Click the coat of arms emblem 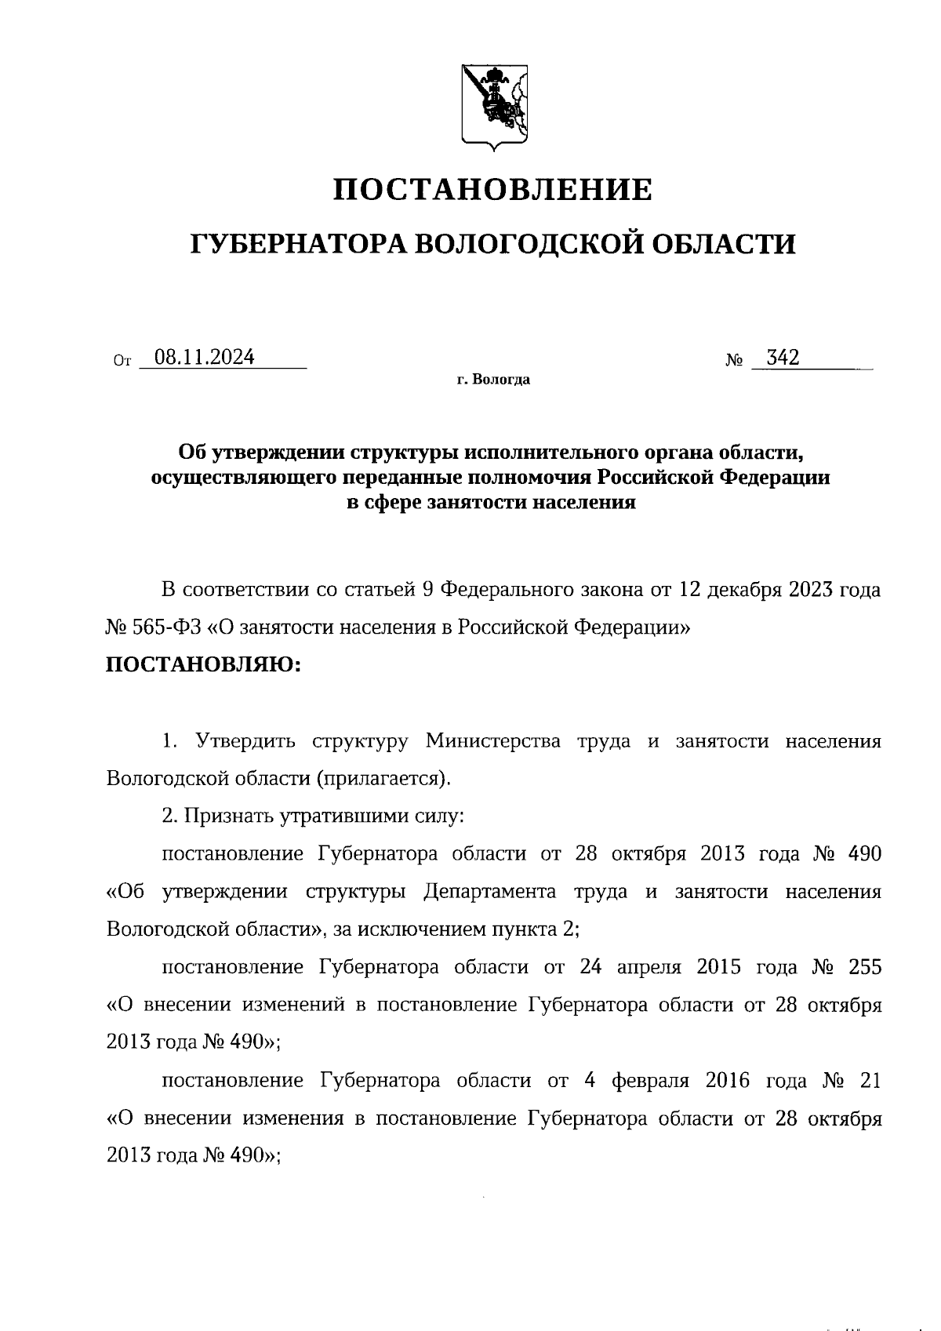[493, 107]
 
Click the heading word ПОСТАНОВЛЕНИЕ [492, 190]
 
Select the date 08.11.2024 [205, 358]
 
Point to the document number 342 [782, 358]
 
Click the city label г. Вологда [493, 380]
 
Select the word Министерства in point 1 [493, 741]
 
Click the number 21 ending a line [870, 1081]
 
